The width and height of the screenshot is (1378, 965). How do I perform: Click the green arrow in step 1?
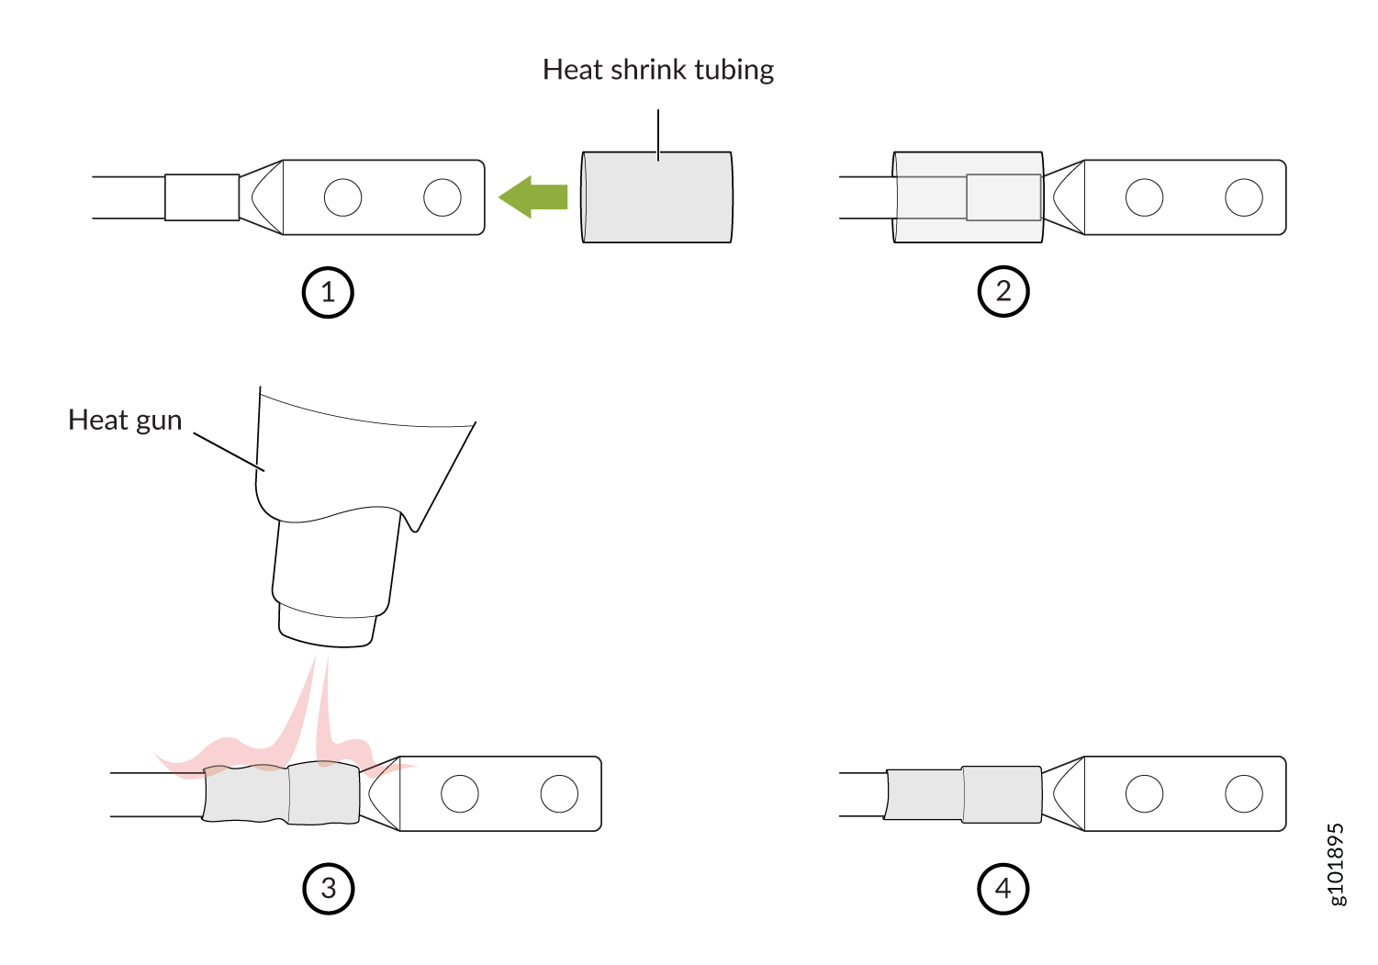(x=532, y=196)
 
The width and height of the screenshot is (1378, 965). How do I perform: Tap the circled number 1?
(x=328, y=292)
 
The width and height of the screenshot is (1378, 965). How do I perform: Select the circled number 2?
(x=1003, y=291)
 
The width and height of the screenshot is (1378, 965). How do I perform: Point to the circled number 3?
(x=329, y=889)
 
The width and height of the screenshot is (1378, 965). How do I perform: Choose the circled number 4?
(x=1003, y=889)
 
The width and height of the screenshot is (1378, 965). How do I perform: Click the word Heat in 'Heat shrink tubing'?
(x=573, y=70)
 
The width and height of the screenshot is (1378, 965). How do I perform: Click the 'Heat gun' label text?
(x=125, y=421)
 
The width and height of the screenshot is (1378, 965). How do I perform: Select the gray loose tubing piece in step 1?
(x=657, y=196)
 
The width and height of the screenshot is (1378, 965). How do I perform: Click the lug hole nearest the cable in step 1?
(x=342, y=197)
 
